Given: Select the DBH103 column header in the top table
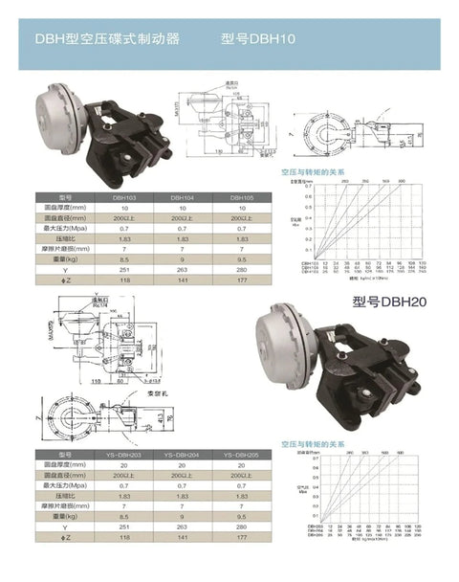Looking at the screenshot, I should coord(123,197).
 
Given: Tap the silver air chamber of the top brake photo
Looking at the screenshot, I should coord(59,101).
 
